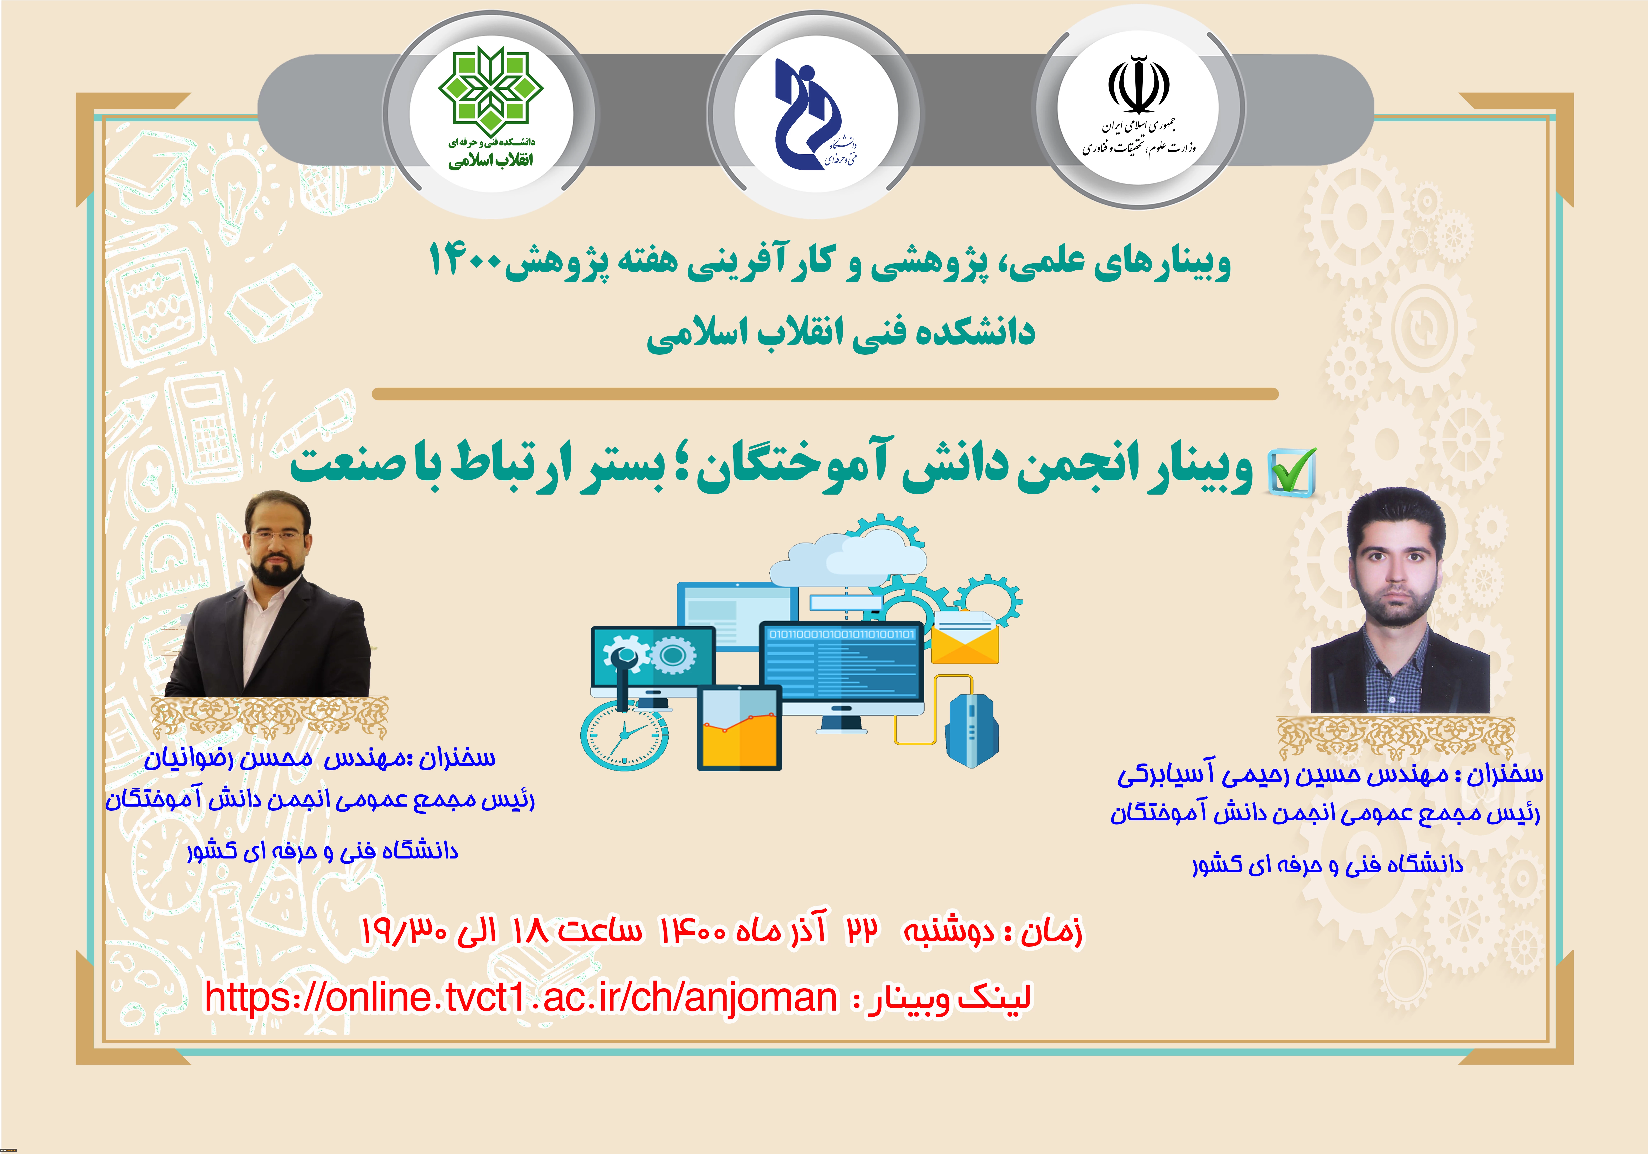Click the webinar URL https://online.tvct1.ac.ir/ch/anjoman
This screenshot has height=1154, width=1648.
(x=521, y=997)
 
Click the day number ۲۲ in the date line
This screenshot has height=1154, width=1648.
(x=862, y=931)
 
